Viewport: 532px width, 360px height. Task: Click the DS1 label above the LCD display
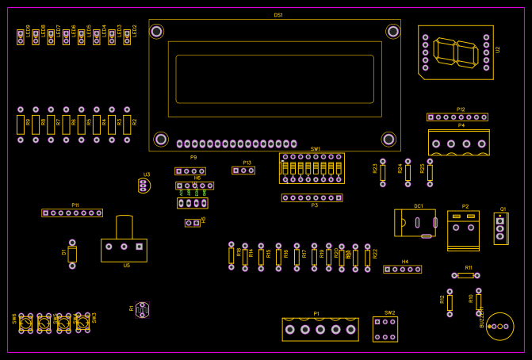coord(278,15)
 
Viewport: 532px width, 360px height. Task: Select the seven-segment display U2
coord(455,52)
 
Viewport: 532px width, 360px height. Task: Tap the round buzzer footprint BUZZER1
coord(499,326)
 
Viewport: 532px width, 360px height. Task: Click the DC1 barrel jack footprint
coord(415,223)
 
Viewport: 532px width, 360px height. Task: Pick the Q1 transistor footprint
coord(500,228)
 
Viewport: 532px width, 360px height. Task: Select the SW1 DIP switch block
coord(312,167)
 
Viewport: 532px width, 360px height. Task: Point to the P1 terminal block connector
coord(320,329)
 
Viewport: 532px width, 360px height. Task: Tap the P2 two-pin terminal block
coord(463,230)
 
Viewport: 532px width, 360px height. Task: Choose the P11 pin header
coord(72,213)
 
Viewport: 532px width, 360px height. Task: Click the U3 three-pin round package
coord(144,186)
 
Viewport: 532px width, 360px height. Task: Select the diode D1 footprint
coord(72,254)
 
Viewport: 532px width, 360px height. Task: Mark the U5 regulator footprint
coord(124,247)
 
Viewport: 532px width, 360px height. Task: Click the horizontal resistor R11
coord(465,275)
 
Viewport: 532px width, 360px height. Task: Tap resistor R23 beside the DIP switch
coord(383,172)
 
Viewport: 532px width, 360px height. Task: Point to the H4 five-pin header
coord(402,269)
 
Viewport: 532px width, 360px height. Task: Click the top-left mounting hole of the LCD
coord(157,32)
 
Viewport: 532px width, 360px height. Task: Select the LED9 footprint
coord(21,37)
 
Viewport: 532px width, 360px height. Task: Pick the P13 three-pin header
coord(243,170)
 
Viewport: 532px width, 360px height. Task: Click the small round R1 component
coord(142,309)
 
